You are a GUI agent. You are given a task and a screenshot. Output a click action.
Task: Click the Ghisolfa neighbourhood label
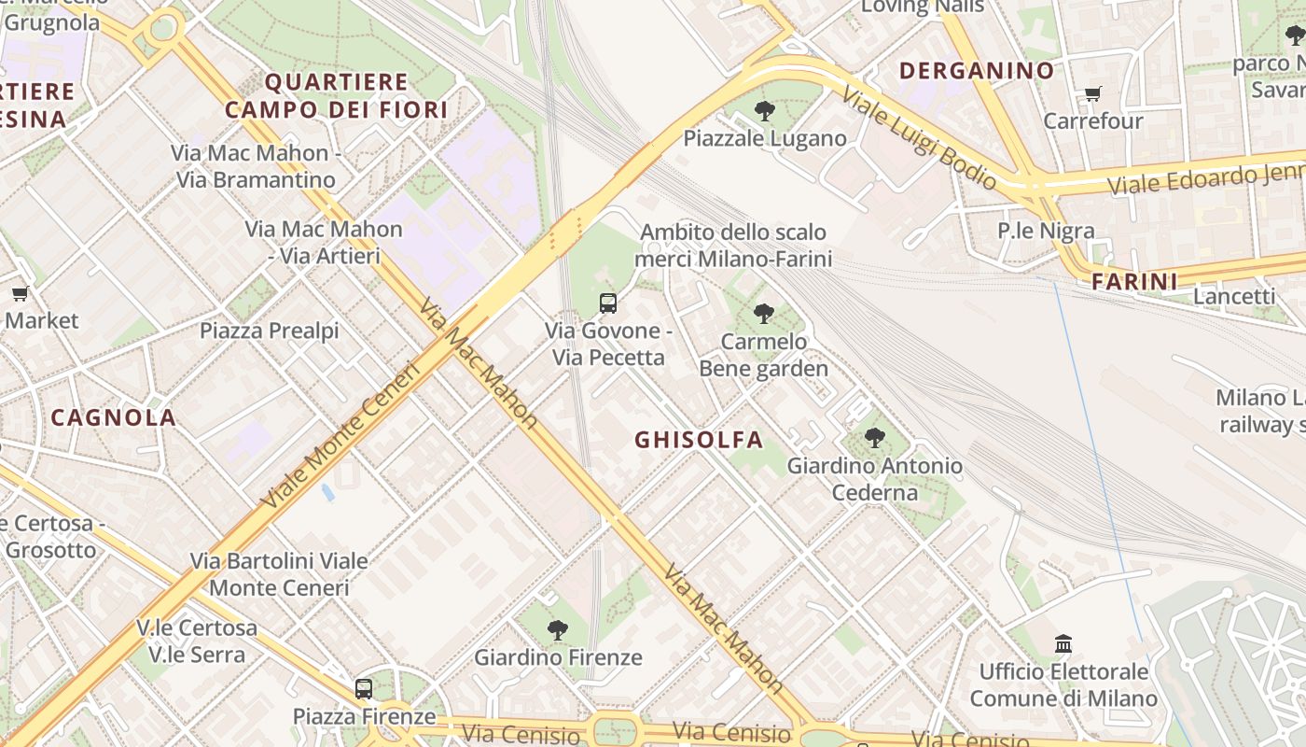pyautogui.click(x=699, y=440)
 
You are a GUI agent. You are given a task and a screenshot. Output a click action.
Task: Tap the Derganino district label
pyautogui.click(x=977, y=70)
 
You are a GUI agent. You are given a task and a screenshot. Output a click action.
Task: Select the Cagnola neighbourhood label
pyautogui.click(x=114, y=417)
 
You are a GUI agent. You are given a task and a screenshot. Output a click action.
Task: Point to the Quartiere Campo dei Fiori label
pyautogui.click(x=337, y=96)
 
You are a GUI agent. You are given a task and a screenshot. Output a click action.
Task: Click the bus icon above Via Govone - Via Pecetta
pyautogui.click(x=608, y=303)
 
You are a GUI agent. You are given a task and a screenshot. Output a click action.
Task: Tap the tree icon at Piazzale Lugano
pyautogui.click(x=765, y=111)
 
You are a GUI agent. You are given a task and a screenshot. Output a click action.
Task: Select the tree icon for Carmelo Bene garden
pyautogui.click(x=764, y=314)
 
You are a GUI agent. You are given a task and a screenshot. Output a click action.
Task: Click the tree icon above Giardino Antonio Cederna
pyautogui.click(x=874, y=437)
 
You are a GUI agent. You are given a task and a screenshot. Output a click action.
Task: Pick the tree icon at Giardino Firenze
pyautogui.click(x=558, y=630)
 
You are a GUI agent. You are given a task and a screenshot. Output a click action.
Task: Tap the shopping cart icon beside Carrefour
pyautogui.click(x=1092, y=93)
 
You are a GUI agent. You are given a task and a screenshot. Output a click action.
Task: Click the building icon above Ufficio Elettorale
pyautogui.click(x=1063, y=643)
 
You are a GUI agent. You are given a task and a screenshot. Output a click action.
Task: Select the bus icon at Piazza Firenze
pyautogui.click(x=364, y=689)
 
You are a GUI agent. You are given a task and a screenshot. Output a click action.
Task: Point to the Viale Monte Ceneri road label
pyautogui.click(x=341, y=434)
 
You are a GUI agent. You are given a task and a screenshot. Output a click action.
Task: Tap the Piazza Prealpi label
pyautogui.click(x=270, y=331)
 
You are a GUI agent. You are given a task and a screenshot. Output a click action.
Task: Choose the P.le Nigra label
pyautogui.click(x=1046, y=231)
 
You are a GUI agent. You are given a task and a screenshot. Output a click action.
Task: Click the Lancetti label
pyautogui.click(x=1234, y=296)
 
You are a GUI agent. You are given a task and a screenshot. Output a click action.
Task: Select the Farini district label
pyautogui.click(x=1134, y=281)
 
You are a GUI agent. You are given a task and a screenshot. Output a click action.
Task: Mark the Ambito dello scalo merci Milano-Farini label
pyautogui.click(x=735, y=245)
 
